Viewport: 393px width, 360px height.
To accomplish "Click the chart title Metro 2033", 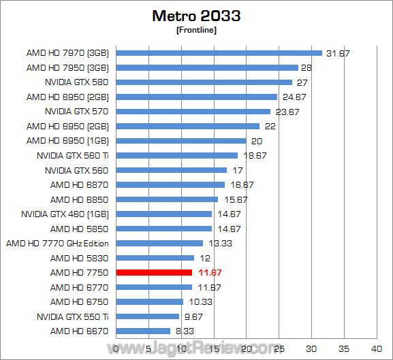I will (196, 15).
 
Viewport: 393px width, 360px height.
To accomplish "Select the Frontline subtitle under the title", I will (196, 29).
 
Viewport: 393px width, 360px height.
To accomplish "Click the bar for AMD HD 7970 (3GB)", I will (219, 52).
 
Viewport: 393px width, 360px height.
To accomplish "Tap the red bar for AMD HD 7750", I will (155, 272).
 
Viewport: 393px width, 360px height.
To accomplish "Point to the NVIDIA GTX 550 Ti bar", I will (148, 316).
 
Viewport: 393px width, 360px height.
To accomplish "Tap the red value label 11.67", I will (209, 272).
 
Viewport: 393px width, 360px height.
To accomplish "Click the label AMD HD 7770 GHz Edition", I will (58, 243).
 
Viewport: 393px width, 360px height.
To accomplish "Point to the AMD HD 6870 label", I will (80, 184).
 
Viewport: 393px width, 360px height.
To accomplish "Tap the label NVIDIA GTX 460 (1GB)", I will (65, 214).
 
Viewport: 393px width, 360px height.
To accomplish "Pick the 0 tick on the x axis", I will (117, 348).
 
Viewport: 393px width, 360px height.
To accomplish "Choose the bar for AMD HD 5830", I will (156, 258).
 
